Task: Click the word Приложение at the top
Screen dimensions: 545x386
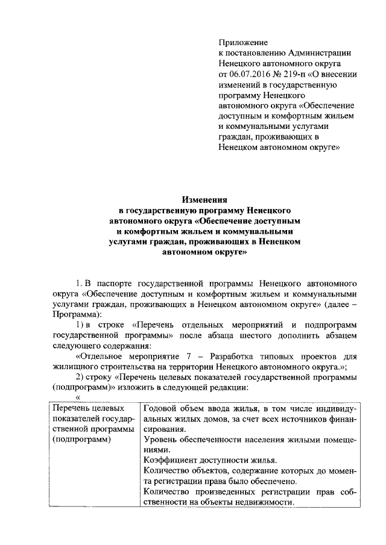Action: [x=242, y=43]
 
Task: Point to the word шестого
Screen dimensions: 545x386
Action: [x=255, y=335]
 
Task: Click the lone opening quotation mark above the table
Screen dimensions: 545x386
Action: [x=77, y=397]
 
